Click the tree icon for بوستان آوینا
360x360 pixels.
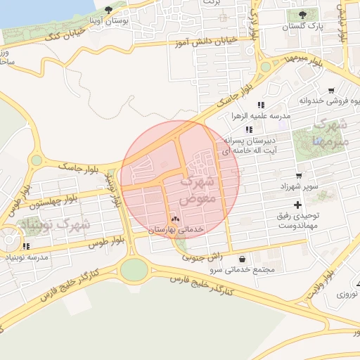pyautogui.click(x=108, y=11)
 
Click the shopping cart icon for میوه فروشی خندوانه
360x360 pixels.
pyautogui.click(x=331, y=91)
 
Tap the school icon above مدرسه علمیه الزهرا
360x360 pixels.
pyautogui.click(x=261, y=105)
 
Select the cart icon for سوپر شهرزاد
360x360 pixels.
pyautogui.click(x=299, y=176)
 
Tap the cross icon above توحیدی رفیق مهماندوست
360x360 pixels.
pyautogui.click(x=297, y=205)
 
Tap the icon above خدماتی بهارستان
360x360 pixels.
pyautogui.click(x=175, y=219)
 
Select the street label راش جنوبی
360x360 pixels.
pyautogui.click(x=202, y=257)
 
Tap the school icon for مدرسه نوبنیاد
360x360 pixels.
pyautogui.click(x=26, y=247)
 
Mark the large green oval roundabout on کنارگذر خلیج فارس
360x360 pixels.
pyautogui.click(x=134, y=269)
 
